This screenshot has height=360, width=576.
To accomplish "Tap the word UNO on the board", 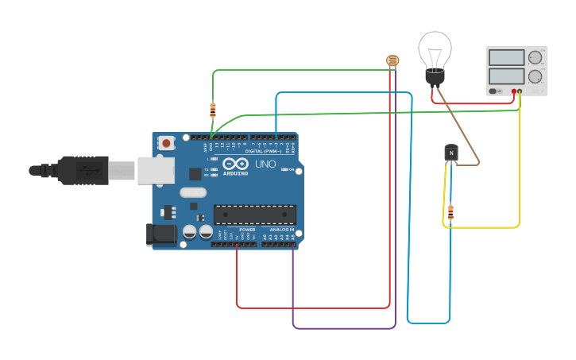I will (266, 164).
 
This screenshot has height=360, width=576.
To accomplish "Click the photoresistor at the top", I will (392, 60).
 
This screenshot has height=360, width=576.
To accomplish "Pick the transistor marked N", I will (450, 153).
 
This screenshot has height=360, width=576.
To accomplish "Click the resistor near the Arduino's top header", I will (212, 109).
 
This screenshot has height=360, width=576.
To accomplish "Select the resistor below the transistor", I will (450, 212).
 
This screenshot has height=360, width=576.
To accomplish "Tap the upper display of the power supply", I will (506, 57).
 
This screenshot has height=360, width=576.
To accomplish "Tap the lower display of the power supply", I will (506, 76).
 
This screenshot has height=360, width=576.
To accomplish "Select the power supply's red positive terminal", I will (514, 92).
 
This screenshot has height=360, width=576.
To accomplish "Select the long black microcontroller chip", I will (255, 215).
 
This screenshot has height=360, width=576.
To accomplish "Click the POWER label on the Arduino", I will (247, 230).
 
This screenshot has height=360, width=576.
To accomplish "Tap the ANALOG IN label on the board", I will (281, 230).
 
